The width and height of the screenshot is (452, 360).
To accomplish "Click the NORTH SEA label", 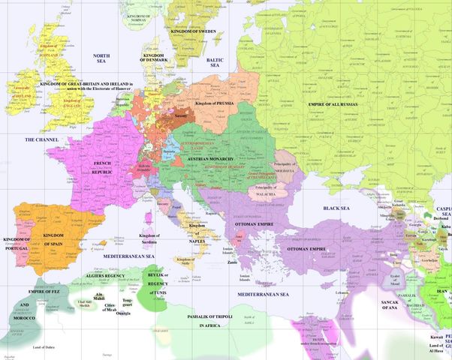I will click(x=101, y=60).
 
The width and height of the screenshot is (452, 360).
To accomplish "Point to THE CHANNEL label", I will click(x=42, y=139).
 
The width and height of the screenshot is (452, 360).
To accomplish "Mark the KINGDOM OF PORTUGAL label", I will click(x=17, y=243).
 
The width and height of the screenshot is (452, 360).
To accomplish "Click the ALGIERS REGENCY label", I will click(x=112, y=275).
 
